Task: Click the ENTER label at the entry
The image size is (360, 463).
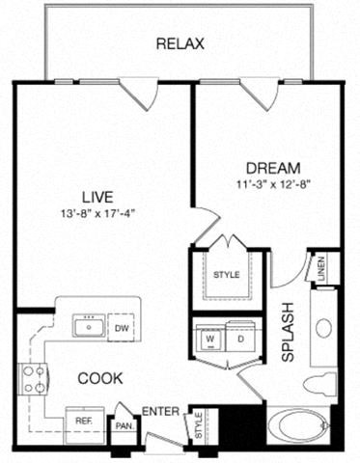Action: pos(159,412)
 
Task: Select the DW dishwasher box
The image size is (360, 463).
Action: pos(121,326)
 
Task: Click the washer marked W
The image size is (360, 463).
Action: pos(209,339)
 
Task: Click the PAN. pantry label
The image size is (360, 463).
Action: pos(124,422)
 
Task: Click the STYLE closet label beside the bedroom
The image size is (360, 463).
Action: pos(225,276)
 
